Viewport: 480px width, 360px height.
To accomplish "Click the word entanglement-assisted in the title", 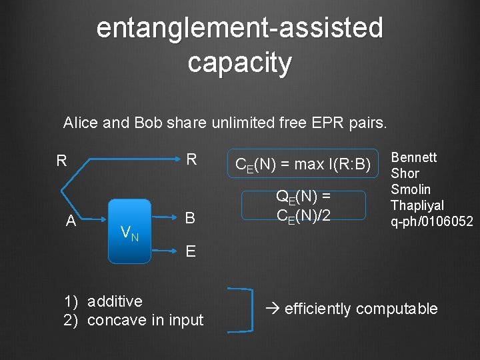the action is coord(240,28).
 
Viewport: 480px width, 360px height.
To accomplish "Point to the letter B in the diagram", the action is coord(190,218).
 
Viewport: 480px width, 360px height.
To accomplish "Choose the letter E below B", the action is coord(191,251).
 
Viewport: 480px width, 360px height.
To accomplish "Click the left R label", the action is coord(61,161).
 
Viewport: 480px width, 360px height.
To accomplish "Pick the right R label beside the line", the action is coord(191,159).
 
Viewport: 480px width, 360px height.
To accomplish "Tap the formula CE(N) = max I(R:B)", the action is coord(303,165).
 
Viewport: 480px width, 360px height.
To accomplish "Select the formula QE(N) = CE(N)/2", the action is coord(303,205).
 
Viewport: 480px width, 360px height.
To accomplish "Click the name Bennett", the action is coord(413,157).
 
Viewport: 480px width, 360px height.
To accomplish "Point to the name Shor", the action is coord(405,173).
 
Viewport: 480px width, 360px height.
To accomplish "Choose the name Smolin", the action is coord(411,189).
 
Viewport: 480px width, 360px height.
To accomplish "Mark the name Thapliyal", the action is coord(417,205).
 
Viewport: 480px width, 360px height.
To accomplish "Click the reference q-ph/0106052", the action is coord(431,221).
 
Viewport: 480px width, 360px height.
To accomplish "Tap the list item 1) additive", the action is coord(103,301).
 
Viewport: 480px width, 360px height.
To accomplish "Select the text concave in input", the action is coord(145,320).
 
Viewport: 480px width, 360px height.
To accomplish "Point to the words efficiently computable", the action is coord(361,309).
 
